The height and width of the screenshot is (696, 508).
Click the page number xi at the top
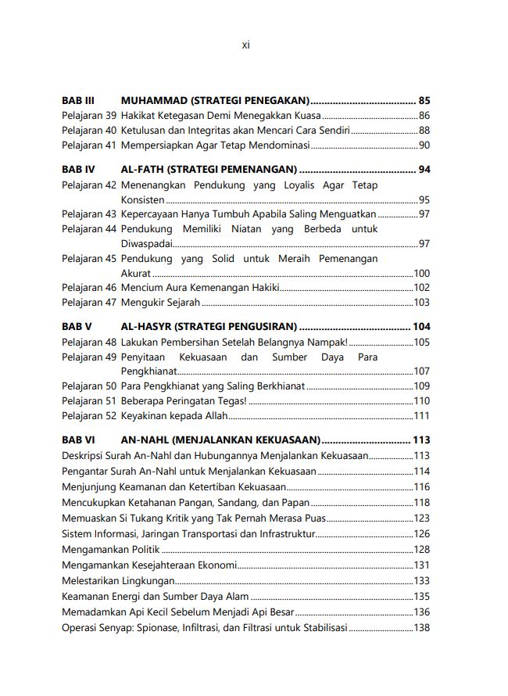click(245, 45)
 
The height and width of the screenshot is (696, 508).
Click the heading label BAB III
click(78, 101)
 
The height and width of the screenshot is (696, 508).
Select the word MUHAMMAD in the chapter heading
click(154, 101)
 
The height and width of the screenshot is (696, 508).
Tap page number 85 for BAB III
click(424, 101)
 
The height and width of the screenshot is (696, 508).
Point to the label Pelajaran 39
click(89, 116)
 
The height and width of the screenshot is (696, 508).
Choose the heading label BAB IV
click(78, 170)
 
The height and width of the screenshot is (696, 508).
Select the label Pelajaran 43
click(89, 214)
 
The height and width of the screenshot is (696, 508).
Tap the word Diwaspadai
click(148, 244)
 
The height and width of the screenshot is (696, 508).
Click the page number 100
click(421, 274)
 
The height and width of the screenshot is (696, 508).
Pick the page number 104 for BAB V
click(421, 327)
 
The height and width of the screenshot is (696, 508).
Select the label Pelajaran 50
click(89, 386)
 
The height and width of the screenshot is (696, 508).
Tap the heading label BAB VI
click(78, 440)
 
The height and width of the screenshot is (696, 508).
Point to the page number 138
click(421, 629)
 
